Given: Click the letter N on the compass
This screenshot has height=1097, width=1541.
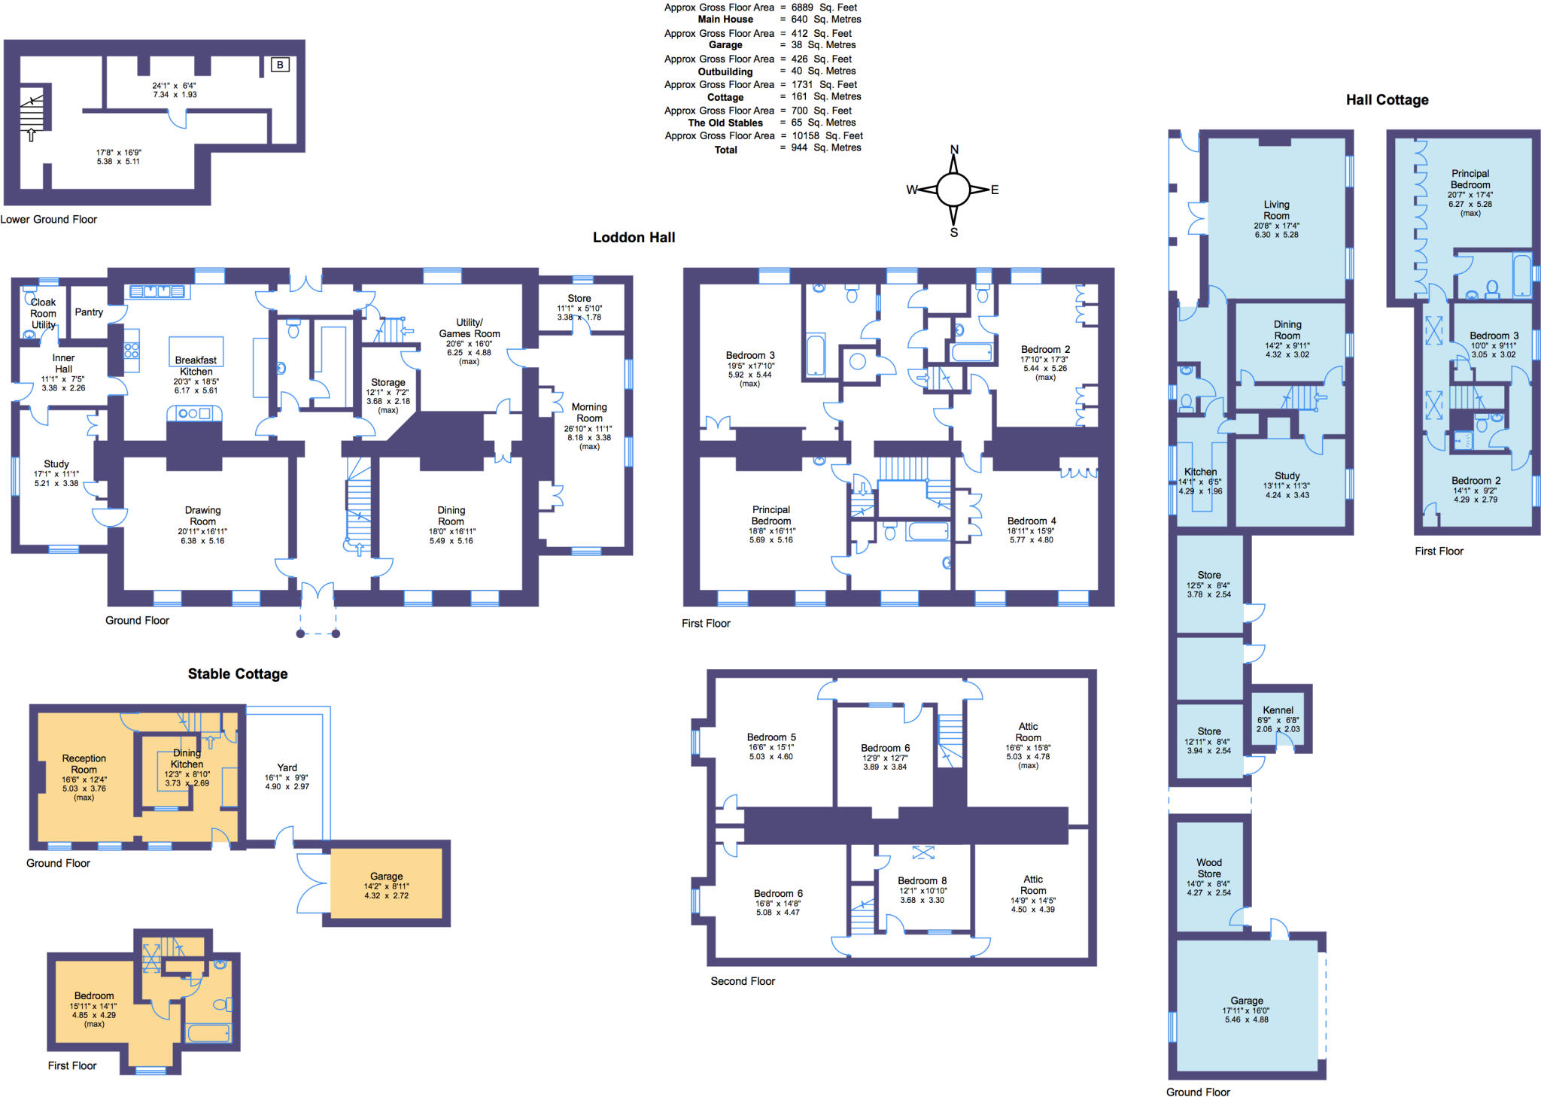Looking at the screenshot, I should point(954,149).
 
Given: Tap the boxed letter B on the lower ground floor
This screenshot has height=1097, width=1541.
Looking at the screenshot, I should point(280,65).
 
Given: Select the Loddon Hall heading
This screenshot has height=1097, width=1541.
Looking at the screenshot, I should point(634,237).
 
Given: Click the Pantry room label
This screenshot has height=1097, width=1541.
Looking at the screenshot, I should point(89,312).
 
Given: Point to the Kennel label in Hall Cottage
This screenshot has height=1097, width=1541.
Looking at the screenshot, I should point(1278,710).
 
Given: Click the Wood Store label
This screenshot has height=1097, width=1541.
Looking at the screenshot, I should point(1208,868).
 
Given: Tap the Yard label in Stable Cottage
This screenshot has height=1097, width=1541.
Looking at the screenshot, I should point(287,768).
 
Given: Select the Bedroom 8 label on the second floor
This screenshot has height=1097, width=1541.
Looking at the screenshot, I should point(922,880).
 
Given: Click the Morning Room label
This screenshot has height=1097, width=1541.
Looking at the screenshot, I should point(589,412).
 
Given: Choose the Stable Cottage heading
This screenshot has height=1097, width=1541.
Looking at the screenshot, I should point(238,674).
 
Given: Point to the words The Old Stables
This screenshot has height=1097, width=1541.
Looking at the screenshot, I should point(725,123).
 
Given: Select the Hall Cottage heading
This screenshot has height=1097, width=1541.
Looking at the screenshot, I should point(1387,100).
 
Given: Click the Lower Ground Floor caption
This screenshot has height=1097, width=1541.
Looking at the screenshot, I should point(49,220).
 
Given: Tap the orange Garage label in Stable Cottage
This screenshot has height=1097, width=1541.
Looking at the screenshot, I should point(386,877).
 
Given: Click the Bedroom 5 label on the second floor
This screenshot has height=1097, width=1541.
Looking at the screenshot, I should point(771,737).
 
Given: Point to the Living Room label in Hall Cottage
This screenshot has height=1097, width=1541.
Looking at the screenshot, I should point(1276,210).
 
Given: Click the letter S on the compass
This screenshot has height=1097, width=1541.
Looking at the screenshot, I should point(954,232).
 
